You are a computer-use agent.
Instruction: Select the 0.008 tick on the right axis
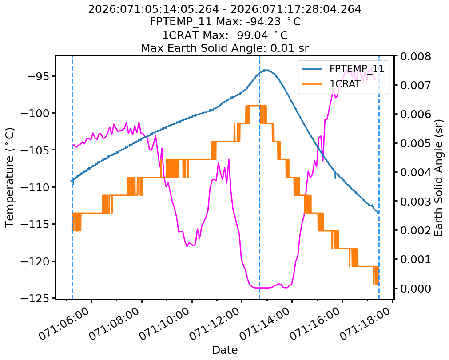(415, 57)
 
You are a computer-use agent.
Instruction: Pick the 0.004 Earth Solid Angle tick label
(415, 173)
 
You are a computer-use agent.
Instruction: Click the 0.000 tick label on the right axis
(415, 289)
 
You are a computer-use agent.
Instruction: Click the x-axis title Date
(225, 350)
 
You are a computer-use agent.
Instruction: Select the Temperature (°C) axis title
(10, 177)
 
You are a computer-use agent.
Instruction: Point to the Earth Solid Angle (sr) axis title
(439, 177)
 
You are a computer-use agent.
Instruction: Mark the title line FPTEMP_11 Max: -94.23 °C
(224, 22)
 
